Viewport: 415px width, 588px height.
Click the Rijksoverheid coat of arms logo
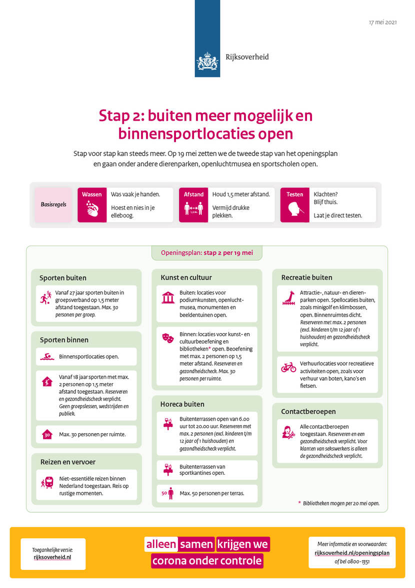click(207, 62)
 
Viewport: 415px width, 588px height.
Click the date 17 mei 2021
click(382, 23)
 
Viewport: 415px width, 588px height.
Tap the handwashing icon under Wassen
click(92, 209)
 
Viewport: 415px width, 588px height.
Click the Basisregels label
click(53, 204)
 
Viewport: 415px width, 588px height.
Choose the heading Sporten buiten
click(63, 278)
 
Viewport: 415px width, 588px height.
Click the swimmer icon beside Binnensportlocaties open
click(46, 357)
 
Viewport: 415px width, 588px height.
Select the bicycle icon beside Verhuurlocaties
click(288, 367)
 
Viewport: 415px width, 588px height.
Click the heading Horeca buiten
click(182, 404)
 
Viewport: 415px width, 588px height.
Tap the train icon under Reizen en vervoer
click(47, 483)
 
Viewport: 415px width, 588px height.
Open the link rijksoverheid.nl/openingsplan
click(352, 553)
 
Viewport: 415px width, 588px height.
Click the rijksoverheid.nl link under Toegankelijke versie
click(53, 556)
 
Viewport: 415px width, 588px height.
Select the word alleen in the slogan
click(161, 544)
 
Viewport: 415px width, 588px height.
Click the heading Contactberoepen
click(308, 412)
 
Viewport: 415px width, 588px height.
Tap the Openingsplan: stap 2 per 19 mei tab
click(206, 253)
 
